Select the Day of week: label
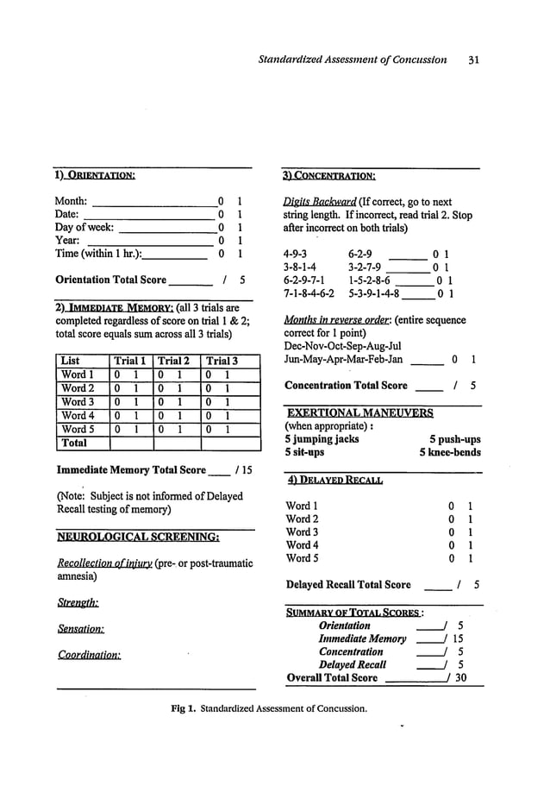point(84,227)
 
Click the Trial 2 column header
point(174,361)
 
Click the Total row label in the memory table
point(75,443)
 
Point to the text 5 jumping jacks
point(322,438)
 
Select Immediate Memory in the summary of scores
point(362,638)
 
